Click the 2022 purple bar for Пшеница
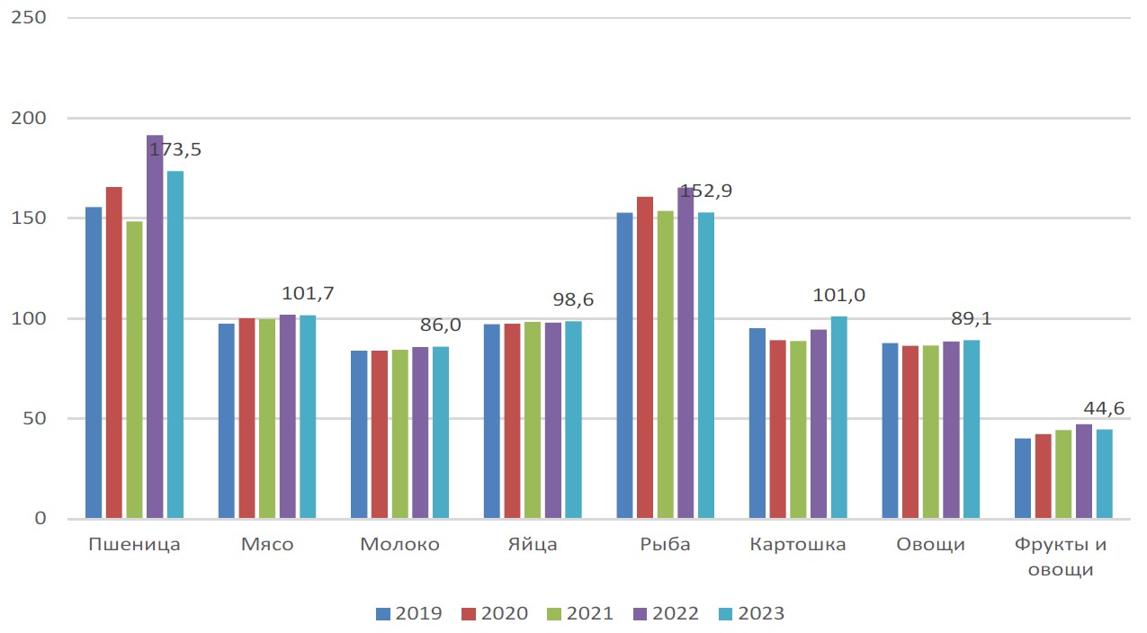(x=155, y=326)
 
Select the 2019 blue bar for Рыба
(x=624, y=365)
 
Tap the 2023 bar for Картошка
(x=838, y=417)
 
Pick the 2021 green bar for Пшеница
(x=134, y=370)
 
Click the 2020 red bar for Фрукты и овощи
(x=1043, y=476)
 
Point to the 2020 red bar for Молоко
(x=380, y=434)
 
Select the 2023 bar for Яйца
(x=573, y=420)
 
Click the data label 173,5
(x=175, y=149)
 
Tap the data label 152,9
(x=705, y=191)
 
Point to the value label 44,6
(x=1104, y=408)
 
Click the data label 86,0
(x=441, y=325)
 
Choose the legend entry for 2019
(x=408, y=613)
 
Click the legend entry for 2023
(x=751, y=613)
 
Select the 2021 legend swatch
(x=554, y=613)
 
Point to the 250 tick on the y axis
(x=29, y=18)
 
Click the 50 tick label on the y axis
(x=34, y=419)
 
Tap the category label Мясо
(x=267, y=544)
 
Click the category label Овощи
(x=930, y=545)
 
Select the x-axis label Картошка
(x=798, y=545)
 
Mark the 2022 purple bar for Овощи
(x=951, y=430)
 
